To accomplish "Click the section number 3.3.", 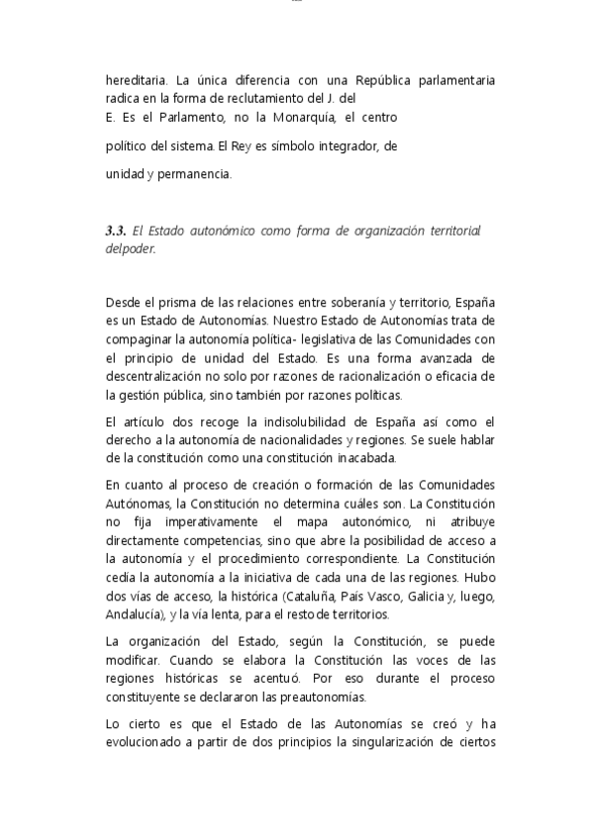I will (x=115, y=231).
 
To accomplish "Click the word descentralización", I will (x=164, y=357).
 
